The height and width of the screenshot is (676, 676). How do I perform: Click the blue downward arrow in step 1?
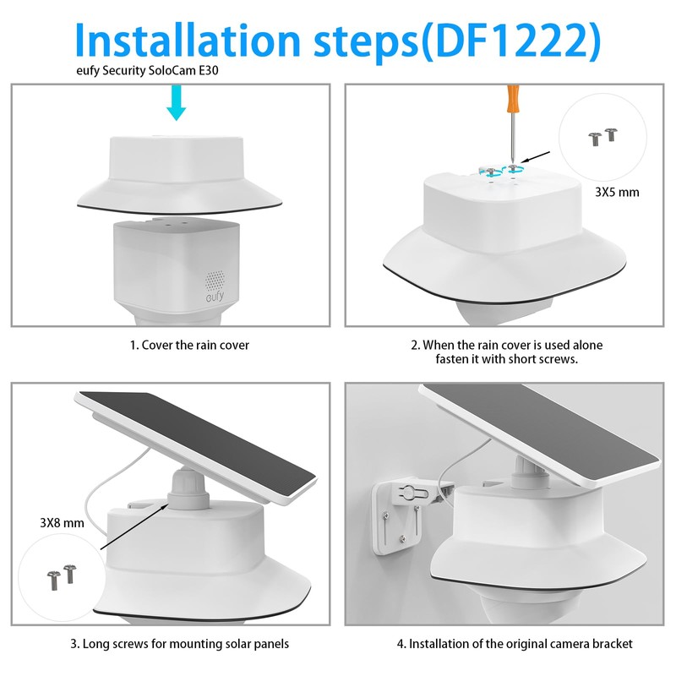[x=177, y=102]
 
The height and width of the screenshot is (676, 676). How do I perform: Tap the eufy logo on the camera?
[x=215, y=297]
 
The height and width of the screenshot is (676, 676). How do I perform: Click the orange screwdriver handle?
[x=513, y=98]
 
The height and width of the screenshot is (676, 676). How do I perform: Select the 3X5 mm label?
[x=617, y=192]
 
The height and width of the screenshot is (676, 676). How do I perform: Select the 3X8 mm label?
[x=62, y=522]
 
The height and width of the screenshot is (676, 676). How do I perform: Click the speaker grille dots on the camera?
[x=215, y=281]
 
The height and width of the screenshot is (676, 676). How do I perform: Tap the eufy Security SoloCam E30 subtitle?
[x=147, y=70]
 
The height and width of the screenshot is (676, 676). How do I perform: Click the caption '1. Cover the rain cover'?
[x=189, y=345]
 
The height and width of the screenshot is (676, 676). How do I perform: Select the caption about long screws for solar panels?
[x=180, y=644]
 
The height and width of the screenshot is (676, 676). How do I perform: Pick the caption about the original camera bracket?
[x=515, y=644]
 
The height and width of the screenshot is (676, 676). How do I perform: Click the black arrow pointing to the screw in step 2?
[x=535, y=157]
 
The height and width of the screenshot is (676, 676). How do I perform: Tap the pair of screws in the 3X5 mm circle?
[x=602, y=137]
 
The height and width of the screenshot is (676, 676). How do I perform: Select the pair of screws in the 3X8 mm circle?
[x=62, y=577]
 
